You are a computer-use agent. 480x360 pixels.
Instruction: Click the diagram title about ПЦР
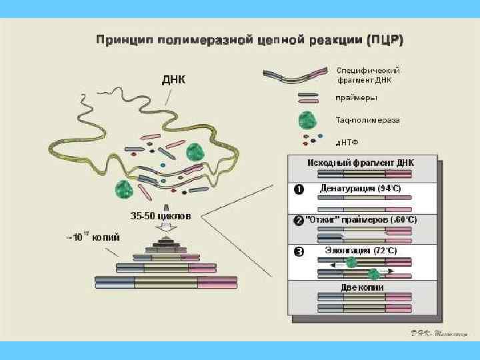click(x=249, y=39)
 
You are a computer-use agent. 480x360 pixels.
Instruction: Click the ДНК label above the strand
click(x=174, y=80)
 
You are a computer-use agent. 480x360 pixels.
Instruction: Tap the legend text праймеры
click(x=356, y=98)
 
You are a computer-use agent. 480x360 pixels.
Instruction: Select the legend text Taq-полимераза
click(x=367, y=121)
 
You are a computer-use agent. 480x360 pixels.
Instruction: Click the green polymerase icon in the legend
click(x=307, y=121)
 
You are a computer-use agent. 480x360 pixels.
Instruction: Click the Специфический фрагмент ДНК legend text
click(x=368, y=75)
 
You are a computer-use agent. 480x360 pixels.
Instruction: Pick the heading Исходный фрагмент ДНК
click(x=361, y=163)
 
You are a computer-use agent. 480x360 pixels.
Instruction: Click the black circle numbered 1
click(x=299, y=189)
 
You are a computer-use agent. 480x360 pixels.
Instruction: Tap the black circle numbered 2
click(x=299, y=220)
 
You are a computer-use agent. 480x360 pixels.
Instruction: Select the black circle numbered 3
click(x=299, y=251)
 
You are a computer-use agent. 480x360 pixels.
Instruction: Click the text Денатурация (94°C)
click(x=361, y=189)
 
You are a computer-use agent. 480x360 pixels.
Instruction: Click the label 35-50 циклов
click(x=160, y=216)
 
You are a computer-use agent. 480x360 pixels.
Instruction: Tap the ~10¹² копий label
click(x=93, y=236)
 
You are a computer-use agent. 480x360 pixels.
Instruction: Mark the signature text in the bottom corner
click(x=437, y=333)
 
